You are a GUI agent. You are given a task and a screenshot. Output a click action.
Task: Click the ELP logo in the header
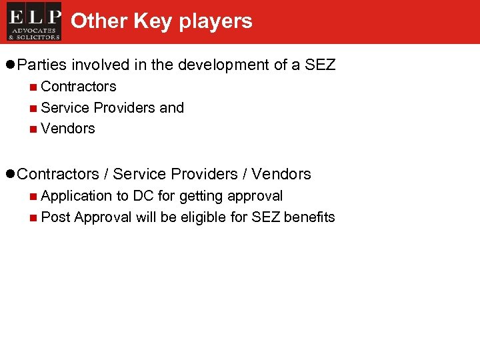tap(34, 21)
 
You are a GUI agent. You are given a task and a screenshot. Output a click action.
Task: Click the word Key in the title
tap(153, 21)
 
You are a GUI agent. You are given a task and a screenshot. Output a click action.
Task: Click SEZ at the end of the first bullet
tap(320, 65)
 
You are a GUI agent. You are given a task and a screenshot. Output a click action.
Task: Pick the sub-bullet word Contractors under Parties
tap(79, 87)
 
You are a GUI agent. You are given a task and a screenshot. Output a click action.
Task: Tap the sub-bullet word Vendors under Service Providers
tap(68, 129)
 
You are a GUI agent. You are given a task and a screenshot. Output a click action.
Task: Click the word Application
tap(77, 196)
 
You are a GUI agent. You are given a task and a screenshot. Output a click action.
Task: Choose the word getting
tap(201, 196)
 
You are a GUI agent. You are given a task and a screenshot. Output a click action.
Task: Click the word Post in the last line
tap(55, 217)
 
